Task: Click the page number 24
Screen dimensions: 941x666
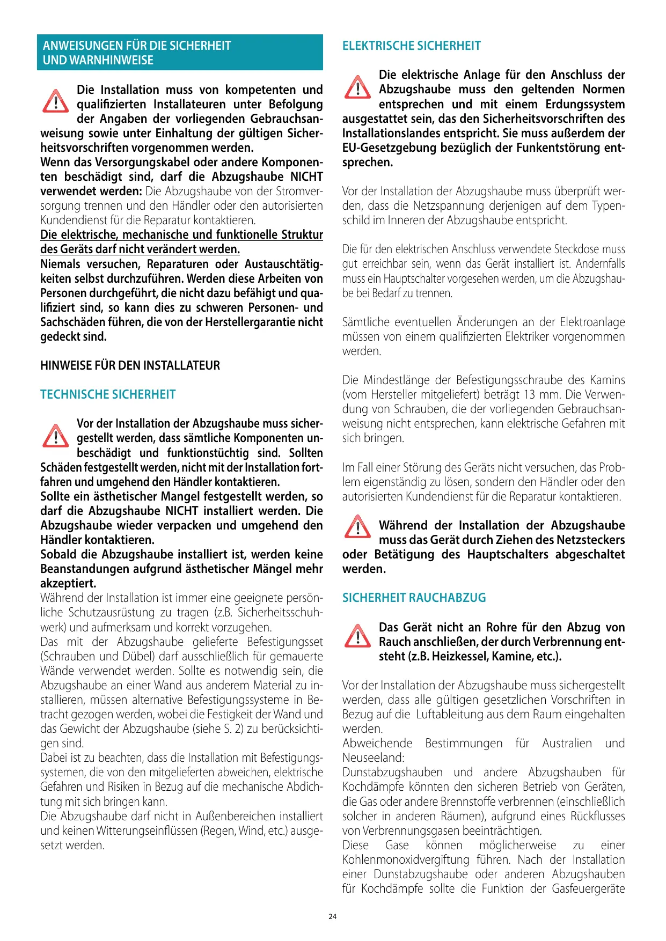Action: point(332,916)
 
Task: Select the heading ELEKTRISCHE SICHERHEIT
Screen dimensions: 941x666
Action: point(411,46)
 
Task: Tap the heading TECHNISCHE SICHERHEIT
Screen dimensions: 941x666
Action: point(108,395)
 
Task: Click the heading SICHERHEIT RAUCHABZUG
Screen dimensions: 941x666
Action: point(414,598)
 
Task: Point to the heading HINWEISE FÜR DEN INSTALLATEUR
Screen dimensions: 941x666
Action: point(130,366)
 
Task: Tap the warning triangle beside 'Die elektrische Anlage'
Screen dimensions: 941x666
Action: point(357,87)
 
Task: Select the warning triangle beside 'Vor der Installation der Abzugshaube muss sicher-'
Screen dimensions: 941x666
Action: point(55,436)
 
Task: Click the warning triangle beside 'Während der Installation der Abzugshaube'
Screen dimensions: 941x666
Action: point(357,526)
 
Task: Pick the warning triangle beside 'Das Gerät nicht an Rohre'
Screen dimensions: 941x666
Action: point(357,636)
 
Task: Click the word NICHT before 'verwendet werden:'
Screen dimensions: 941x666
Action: point(306,177)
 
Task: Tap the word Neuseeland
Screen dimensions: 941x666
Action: point(372,758)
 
